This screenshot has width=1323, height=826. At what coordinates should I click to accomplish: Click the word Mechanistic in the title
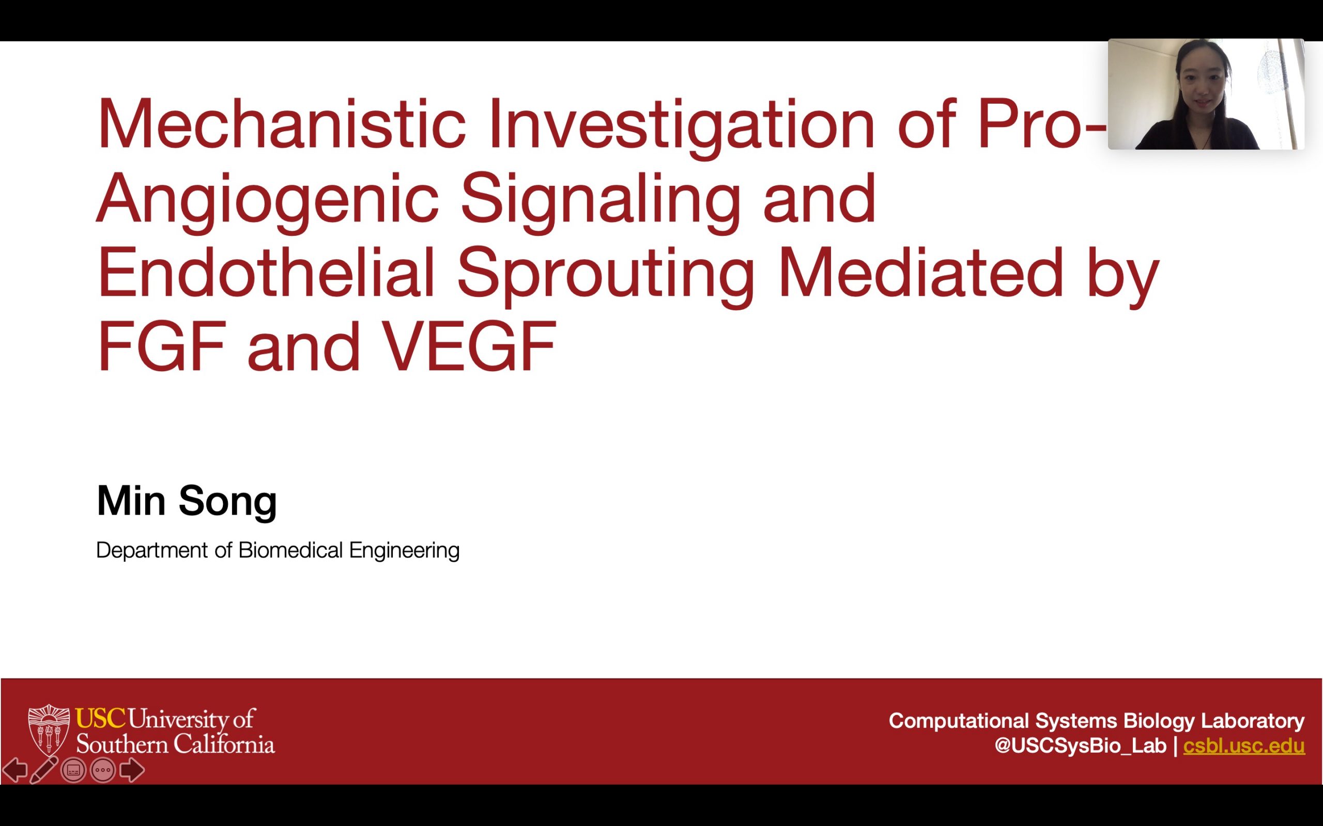pyautogui.click(x=281, y=124)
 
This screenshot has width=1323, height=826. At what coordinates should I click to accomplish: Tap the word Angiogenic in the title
pyautogui.click(x=268, y=199)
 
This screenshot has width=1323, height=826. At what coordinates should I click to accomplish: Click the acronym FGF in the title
pyautogui.click(x=162, y=346)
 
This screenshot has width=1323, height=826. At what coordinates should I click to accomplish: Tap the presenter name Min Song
pyautogui.click(x=187, y=500)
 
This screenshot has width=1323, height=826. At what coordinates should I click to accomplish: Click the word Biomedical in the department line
pyautogui.click(x=290, y=550)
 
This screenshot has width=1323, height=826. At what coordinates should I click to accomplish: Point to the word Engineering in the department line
pyautogui.click(x=404, y=550)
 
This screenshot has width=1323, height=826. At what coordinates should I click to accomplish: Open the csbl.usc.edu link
pyautogui.click(x=1244, y=745)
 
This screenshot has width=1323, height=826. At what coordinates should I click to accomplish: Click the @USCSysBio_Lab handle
pyautogui.click(x=1080, y=745)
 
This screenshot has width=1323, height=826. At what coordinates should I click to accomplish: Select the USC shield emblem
pyautogui.click(x=49, y=730)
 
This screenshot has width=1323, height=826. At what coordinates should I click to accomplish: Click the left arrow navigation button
pyautogui.click(x=15, y=770)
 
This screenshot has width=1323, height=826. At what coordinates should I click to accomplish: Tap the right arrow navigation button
pyautogui.click(x=131, y=770)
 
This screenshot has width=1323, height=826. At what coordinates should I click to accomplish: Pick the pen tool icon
pyautogui.click(x=44, y=770)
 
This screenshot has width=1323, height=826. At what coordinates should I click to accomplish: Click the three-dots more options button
pyautogui.click(x=103, y=770)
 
